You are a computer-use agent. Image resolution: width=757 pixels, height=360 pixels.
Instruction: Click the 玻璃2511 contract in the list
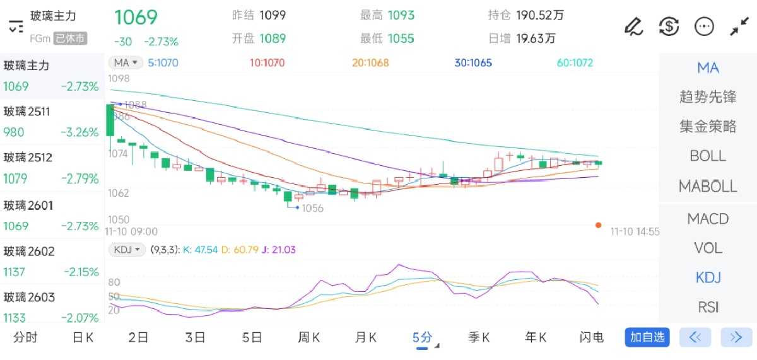(50, 122)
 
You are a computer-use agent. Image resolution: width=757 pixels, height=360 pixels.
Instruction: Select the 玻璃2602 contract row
(50, 261)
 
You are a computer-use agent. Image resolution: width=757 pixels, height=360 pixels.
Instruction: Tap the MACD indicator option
(708, 219)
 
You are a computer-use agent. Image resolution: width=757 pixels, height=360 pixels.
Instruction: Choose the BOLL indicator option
(708, 156)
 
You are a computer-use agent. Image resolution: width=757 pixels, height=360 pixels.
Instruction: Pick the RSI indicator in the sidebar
(708, 307)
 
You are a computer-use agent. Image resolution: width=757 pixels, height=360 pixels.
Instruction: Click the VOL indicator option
(708, 248)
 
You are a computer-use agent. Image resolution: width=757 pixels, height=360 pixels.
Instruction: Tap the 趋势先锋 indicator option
(708, 97)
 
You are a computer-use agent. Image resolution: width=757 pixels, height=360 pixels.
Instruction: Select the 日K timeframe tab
(83, 337)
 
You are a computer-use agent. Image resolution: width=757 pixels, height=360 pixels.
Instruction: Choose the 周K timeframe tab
(309, 337)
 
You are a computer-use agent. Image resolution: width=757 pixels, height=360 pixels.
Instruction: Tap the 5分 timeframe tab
(423, 337)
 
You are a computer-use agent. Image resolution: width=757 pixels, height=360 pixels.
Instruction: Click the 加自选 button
(647, 337)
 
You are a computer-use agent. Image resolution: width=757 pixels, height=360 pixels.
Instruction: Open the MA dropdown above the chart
(125, 62)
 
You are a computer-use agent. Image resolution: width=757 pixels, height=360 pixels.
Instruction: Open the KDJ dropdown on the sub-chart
(127, 250)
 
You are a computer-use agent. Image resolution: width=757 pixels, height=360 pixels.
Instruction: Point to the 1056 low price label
(312, 208)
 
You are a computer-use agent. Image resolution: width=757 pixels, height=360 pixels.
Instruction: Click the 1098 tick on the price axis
(119, 79)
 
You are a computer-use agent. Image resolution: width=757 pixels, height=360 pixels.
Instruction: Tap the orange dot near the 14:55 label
(598, 225)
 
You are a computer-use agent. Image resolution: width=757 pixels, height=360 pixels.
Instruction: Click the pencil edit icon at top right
(633, 26)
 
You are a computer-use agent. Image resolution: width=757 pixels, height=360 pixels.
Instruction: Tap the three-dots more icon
(703, 26)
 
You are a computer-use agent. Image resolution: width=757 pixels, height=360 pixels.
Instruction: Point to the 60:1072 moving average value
(575, 63)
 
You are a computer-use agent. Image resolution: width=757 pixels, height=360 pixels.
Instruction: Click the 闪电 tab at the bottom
(592, 337)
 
